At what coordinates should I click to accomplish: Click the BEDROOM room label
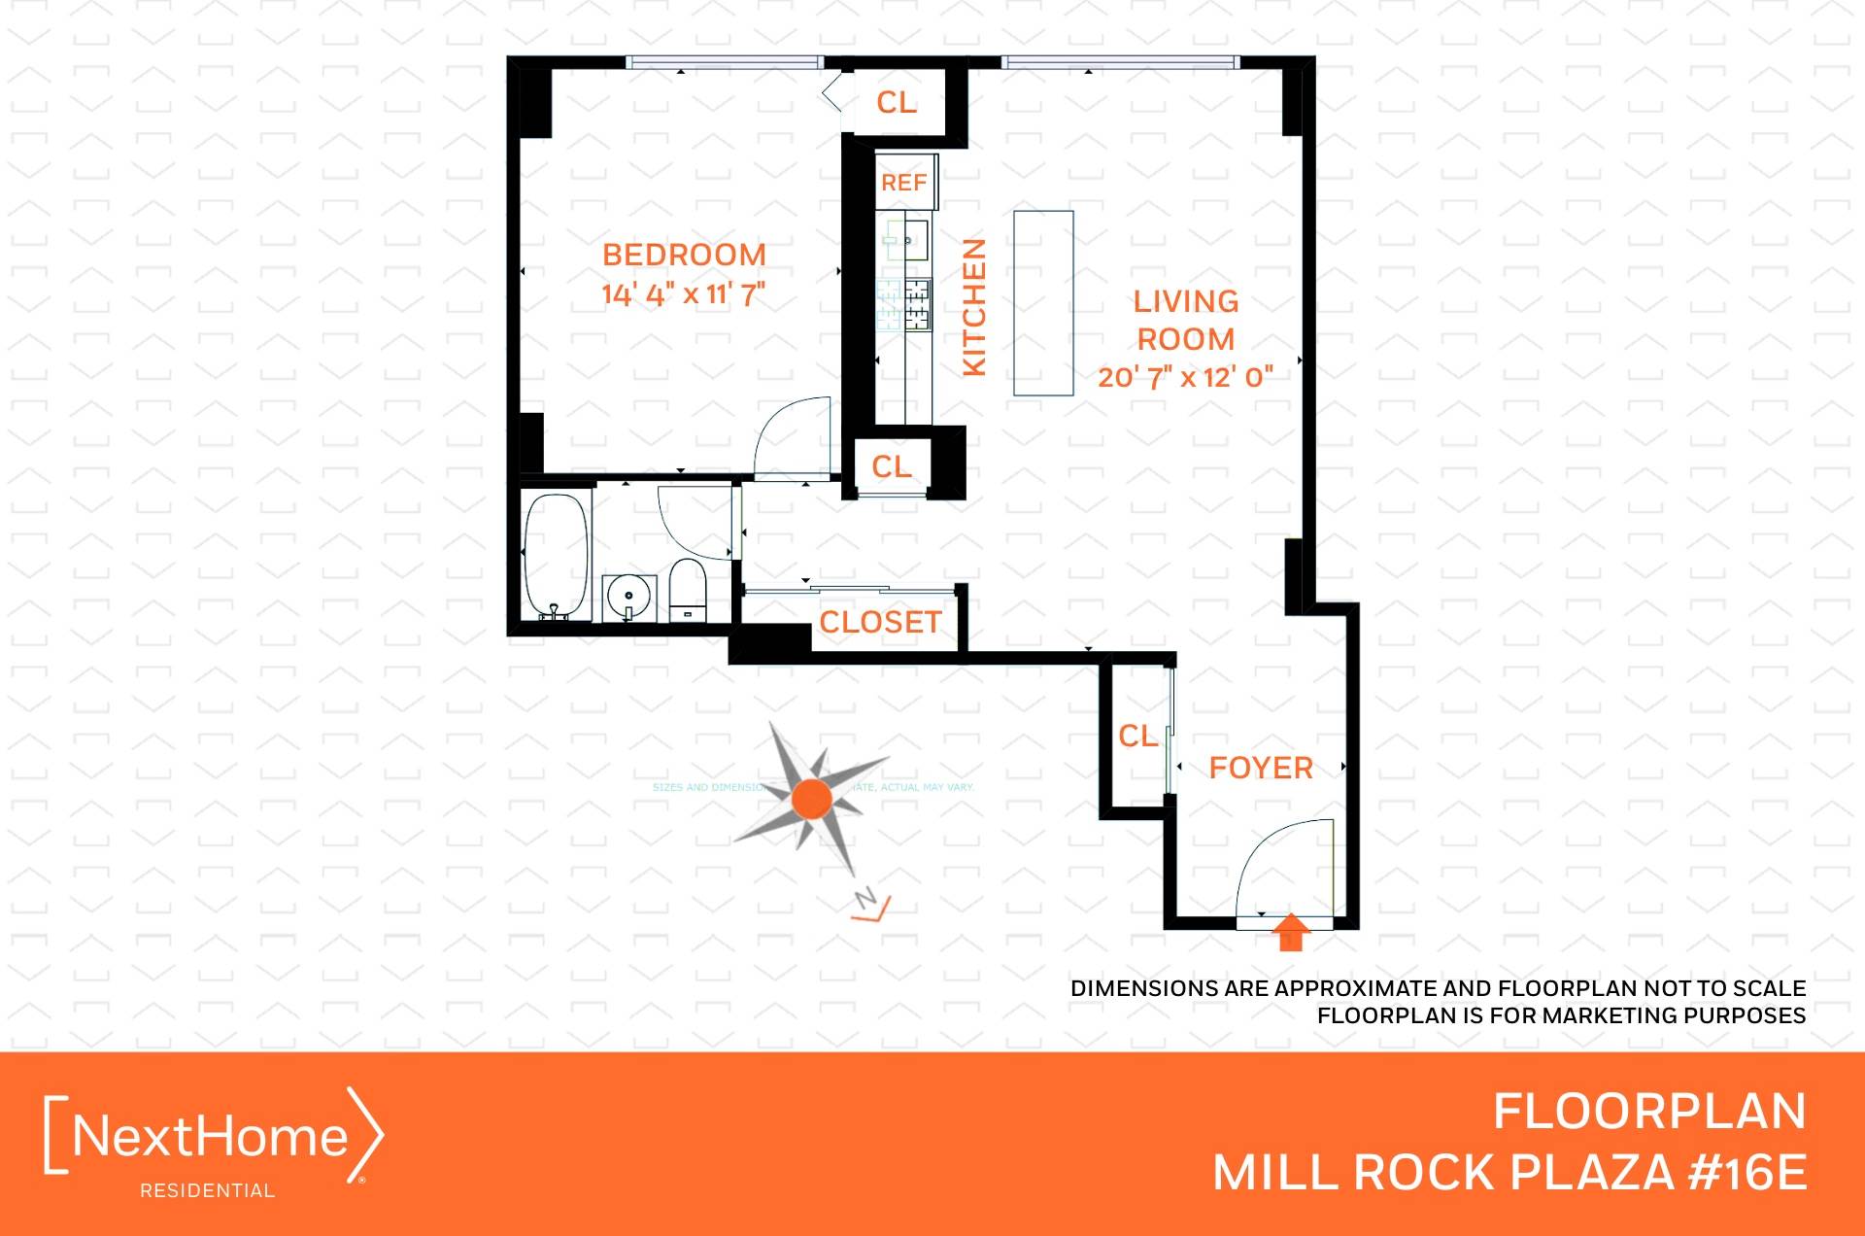pyautogui.click(x=684, y=255)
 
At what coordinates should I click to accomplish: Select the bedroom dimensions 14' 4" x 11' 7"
pyautogui.click(x=683, y=293)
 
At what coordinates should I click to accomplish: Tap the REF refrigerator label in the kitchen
pyautogui.click(x=903, y=183)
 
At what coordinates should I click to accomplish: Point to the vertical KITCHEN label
pyautogui.click(x=973, y=306)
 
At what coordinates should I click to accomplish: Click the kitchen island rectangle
pyautogui.click(x=1043, y=303)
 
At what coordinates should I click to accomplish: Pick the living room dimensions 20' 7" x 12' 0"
pyautogui.click(x=1185, y=377)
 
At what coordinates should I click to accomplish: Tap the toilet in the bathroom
pyautogui.click(x=688, y=589)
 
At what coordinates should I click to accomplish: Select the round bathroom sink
pyautogui.click(x=628, y=596)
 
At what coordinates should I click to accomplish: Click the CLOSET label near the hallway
pyautogui.click(x=880, y=622)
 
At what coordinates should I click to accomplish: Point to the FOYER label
pyautogui.click(x=1260, y=768)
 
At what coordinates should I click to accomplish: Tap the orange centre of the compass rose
pyautogui.click(x=811, y=799)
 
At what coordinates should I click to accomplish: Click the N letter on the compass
pyautogui.click(x=865, y=898)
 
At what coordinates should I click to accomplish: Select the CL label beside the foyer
pyautogui.click(x=1137, y=736)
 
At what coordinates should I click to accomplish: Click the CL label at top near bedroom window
pyautogui.click(x=896, y=102)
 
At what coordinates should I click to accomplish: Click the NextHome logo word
pyautogui.click(x=210, y=1135)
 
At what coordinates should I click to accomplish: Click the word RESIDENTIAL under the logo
pyautogui.click(x=207, y=1190)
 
